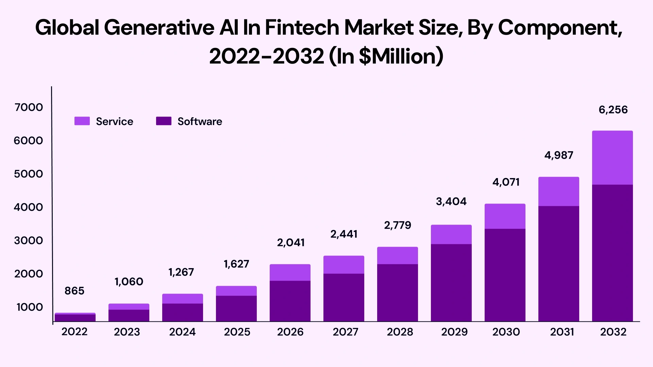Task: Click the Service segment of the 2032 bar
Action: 612,158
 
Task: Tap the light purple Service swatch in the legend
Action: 82,121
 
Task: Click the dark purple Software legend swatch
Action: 164,121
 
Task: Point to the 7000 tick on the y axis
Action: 29,107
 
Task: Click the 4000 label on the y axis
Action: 29,207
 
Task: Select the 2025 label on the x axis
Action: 237,332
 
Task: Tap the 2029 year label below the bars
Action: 454,332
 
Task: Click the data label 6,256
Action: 613,110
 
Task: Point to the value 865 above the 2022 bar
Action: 74,291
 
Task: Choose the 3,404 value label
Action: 451,202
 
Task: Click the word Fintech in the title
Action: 302,28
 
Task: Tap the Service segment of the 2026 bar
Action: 290,272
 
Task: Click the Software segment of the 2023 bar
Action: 129,315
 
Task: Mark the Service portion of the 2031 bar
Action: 558,191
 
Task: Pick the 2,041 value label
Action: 290,243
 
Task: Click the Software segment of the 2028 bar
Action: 397,292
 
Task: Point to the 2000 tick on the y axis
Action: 29,274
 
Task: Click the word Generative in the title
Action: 159,28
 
